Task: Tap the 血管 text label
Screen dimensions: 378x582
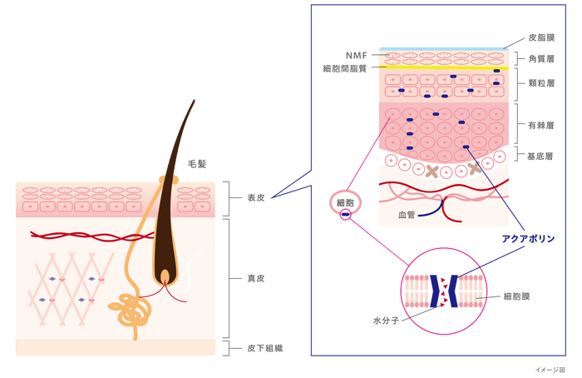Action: (405, 216)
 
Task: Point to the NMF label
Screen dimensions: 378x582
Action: (355, 56)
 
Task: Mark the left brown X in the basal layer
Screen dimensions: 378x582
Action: (432, 172)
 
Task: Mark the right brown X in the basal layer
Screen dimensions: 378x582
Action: (475, 169)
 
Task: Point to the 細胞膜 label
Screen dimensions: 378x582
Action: (513, 296)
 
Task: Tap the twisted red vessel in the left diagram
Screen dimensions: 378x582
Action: (83, 235)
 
